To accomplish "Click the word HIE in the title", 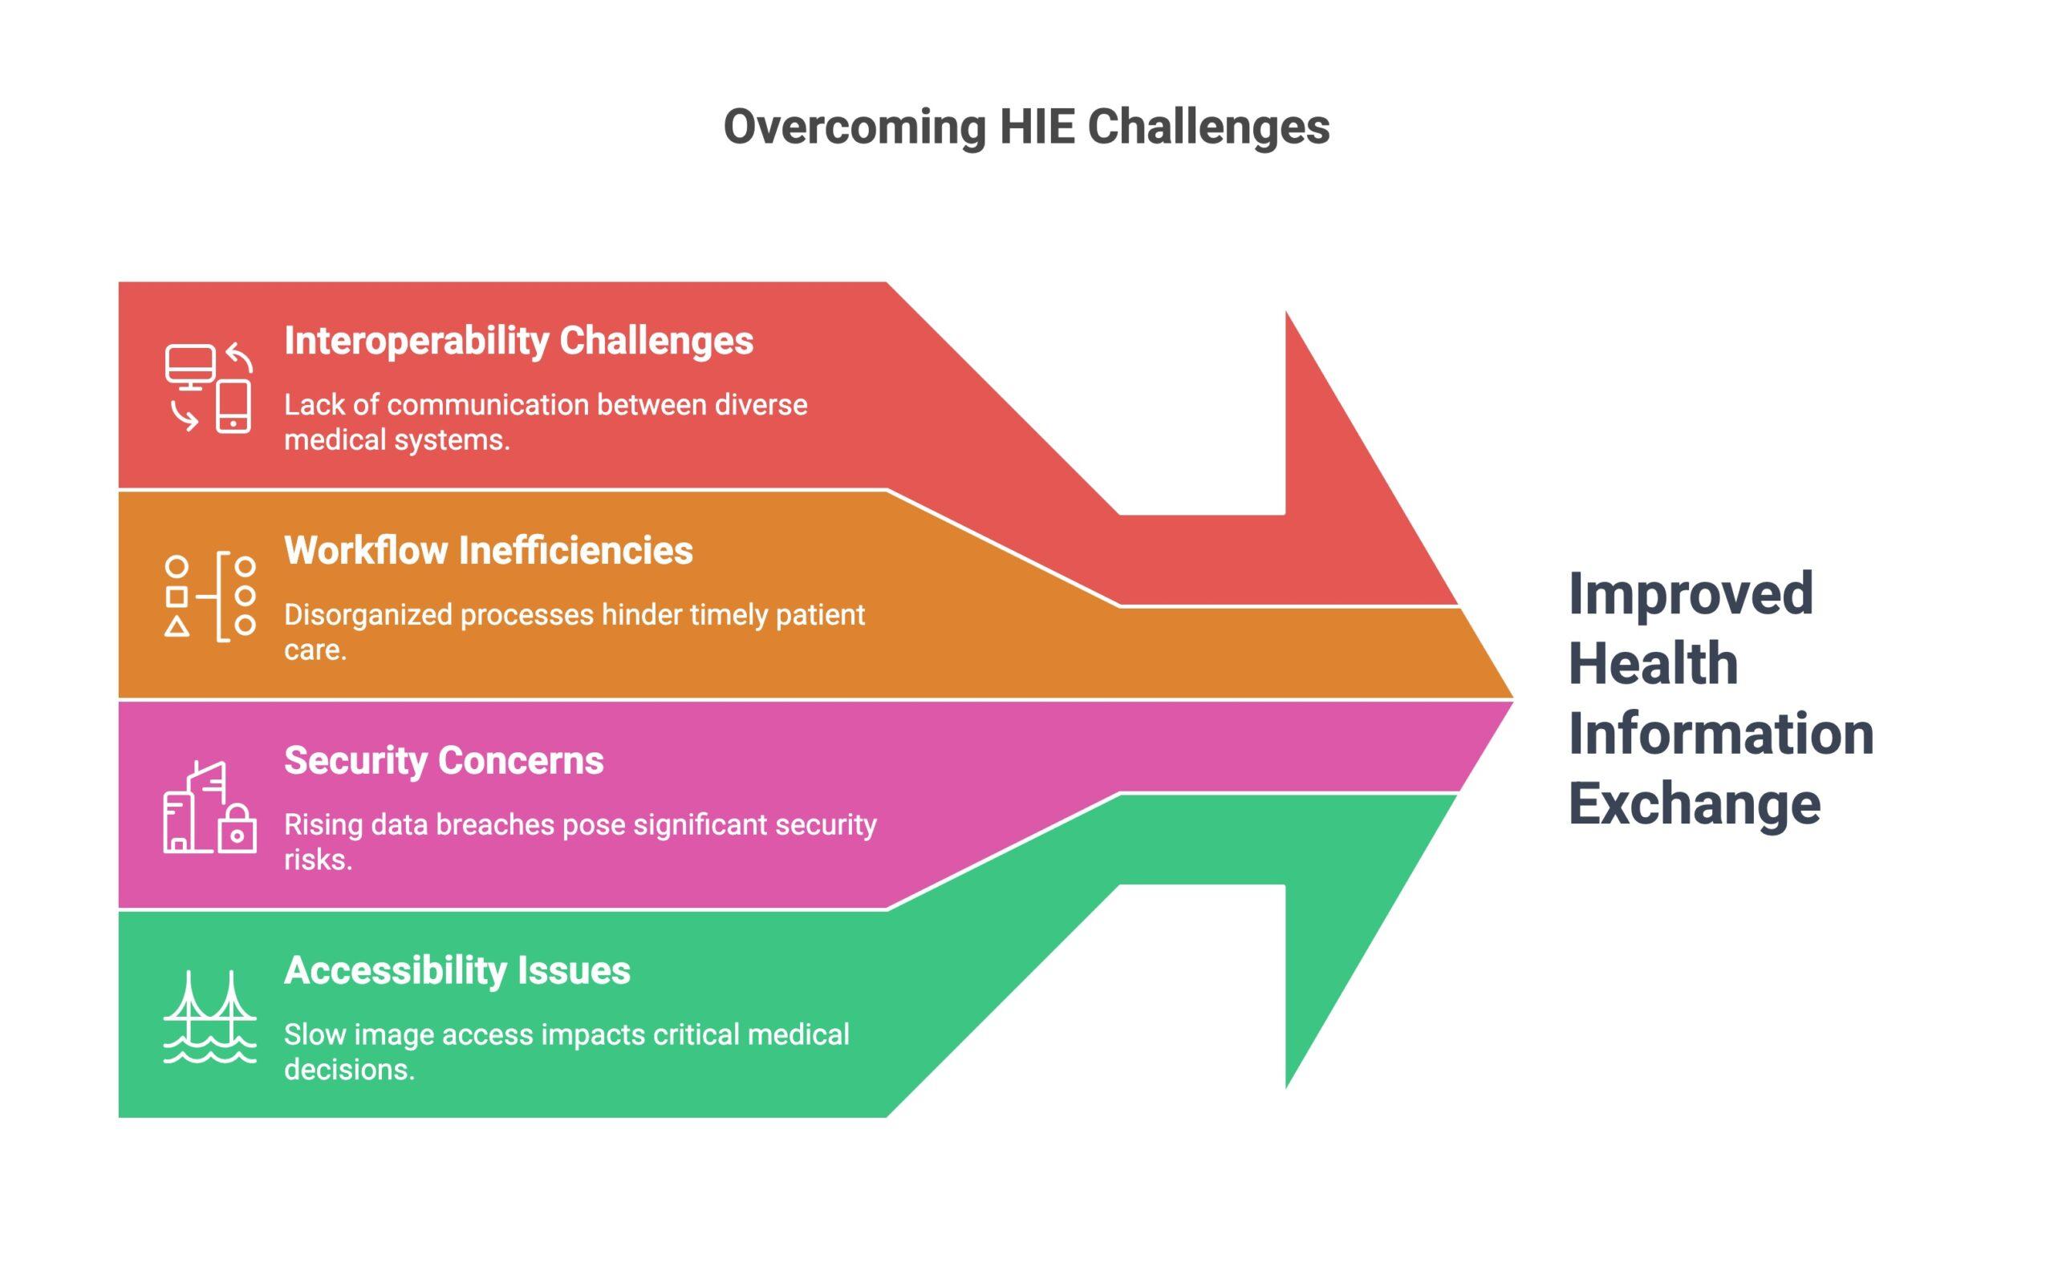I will [x=1037, y=127].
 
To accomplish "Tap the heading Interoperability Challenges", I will [x=518, y=341].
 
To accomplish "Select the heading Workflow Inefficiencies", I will [x=488, y=551].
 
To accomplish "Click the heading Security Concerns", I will [x=443, y=760].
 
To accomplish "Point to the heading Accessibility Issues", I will [x=457, y=970].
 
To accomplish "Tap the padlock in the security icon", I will [x=237, y=829].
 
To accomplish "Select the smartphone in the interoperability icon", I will [x=233, y=407].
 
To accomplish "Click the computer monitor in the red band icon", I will [x=190, y=365].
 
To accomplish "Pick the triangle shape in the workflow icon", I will [x=177, y=627].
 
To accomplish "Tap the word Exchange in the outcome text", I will [x=1694, y=803].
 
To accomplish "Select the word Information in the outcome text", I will [x=1720, y=733].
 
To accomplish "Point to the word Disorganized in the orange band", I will [x=367, y=615].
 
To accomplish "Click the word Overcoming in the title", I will [x=854, y=127].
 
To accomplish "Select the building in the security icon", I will [x=193, y=811].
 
